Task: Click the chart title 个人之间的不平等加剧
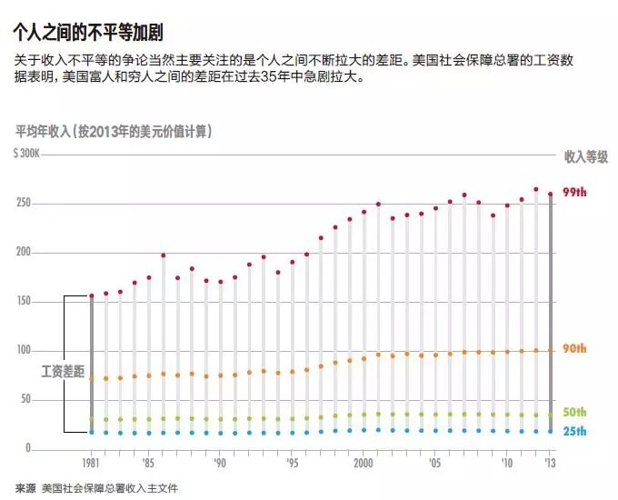click(88, 33)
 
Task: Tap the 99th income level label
click(574, 192)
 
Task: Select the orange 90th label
click(574, 348)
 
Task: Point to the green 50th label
click(574, 412)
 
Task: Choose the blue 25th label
click(574, 432)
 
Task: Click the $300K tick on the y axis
click(26, 154)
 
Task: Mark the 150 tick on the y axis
click(24, 301)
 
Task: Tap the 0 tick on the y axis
click(28, 447)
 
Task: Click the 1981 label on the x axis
click(91, 463)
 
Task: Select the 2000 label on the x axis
click(363, 463)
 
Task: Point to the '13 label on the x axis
click(550, 463)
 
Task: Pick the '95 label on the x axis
click(292, 463)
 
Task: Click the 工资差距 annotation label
click(63, 372)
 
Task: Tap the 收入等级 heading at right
click(586, 157)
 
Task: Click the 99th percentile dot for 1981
click(92, 295)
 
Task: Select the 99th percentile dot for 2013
click(551, 194)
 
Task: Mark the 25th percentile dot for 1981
click(92, 432)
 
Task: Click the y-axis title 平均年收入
click(43, 131)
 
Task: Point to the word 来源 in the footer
click(25, 488)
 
